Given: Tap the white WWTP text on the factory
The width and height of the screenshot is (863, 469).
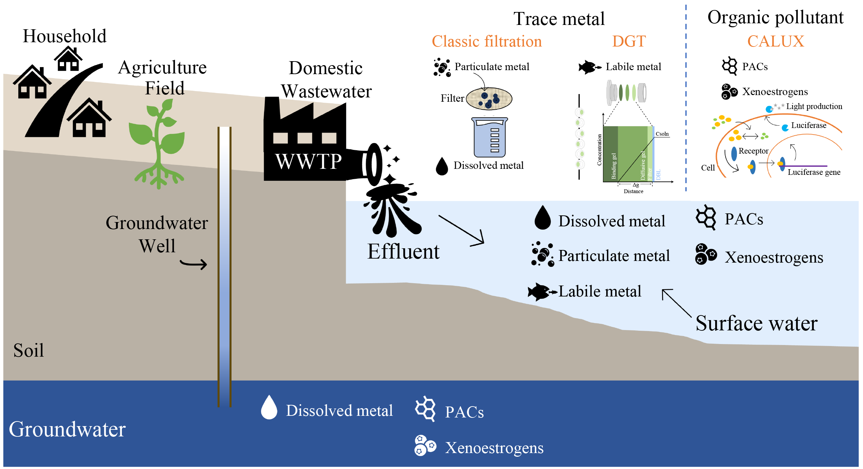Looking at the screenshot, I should pyautogui.click(x=308, y=162).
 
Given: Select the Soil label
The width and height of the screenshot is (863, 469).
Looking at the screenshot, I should pyautogui.click(x=29, y=351).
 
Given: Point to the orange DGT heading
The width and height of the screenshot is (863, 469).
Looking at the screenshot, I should pyautogui.click(x=629, y=42).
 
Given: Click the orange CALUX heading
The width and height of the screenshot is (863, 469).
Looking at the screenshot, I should pyautogui.click(x=776, y=42).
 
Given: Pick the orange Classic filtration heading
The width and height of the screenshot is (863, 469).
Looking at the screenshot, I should pyautogui.click(x=486, y=42).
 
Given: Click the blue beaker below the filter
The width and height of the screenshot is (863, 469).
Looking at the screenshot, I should pyautogui.click(x=489, y=138).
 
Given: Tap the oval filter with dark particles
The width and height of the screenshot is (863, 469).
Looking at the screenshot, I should pyautogui.click(x=489, y=99).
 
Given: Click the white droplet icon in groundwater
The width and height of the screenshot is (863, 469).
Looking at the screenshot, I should pyautogui.click(x=269, y=408).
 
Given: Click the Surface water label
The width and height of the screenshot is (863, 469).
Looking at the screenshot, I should pyautogui.click(x=756, y=324).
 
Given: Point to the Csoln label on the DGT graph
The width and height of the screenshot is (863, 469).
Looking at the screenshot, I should pyautogui.click(x=662, y=134).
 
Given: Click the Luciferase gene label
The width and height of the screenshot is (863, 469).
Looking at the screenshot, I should pyautogui.click(x=814, y=172).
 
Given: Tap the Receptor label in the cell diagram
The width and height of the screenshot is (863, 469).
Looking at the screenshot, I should pyautogui.click(x=753, y=151).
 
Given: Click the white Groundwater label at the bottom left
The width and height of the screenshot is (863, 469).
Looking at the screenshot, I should pyautogui.click(x=67, y=429).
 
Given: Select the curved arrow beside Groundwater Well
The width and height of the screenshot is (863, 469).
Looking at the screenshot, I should pyautogui.click(x=194, y=264).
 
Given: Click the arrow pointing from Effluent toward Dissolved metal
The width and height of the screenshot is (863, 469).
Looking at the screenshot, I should pyautogui.click(x=462, y=231).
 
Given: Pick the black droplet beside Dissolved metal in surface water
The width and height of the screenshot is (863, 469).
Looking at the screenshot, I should pyautogui.click(x=542, y=218).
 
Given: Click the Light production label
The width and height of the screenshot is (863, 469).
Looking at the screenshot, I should pyautogui.click(x=814, y=107).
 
